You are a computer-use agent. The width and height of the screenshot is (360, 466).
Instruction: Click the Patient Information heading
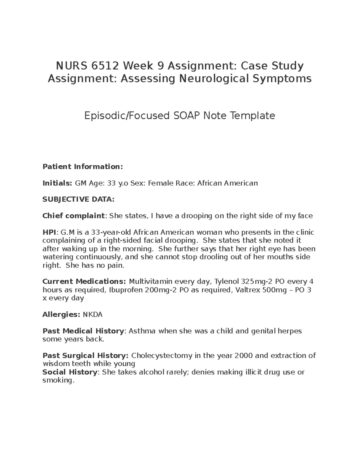click(83, 167)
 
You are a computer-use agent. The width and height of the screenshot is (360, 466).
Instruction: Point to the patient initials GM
click(80, 183)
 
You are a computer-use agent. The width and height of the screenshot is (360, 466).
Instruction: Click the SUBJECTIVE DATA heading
click(78, 199)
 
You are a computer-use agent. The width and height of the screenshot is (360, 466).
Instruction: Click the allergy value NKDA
click(92, 314)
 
